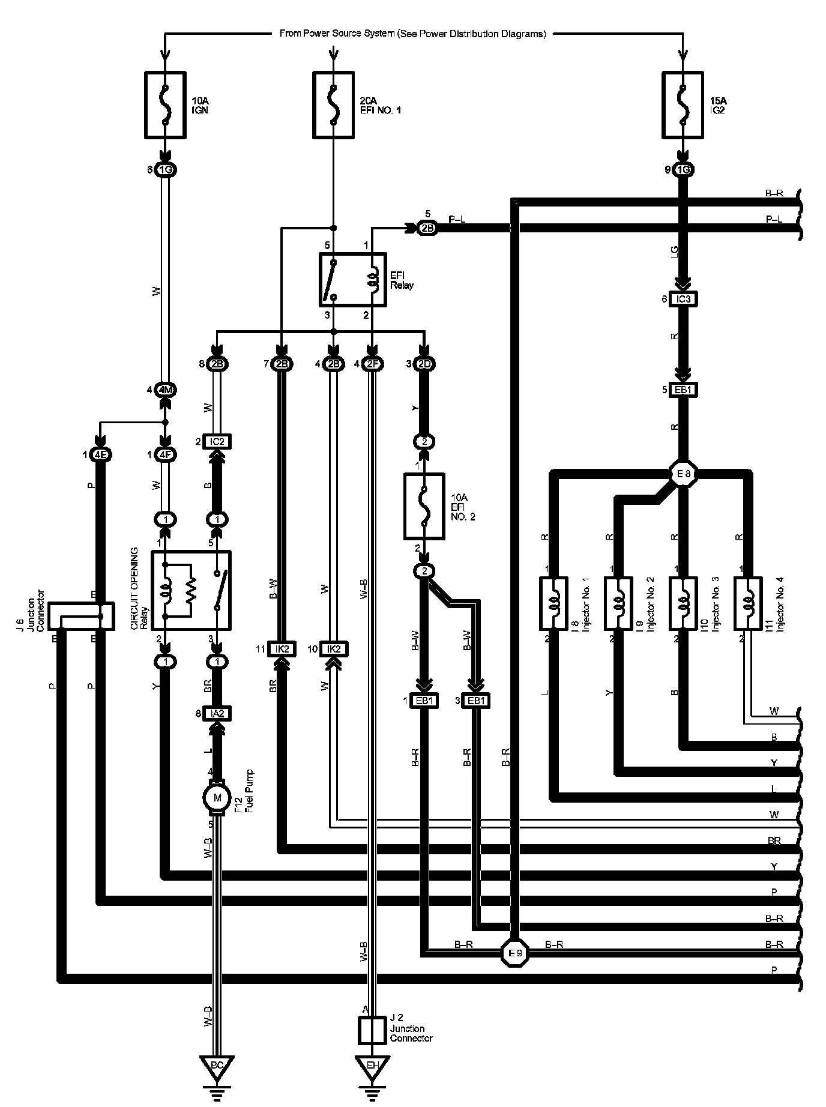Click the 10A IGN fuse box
(x=165, y=104)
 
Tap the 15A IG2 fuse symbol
(x=682, y=104)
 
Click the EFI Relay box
(x=352, y=280)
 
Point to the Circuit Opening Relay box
(x=190, y=590)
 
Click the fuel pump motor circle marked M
(x=217, y=798)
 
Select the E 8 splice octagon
(x=682, y=474)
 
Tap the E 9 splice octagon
(x=516, y=953)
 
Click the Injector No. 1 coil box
(x=553, y=603)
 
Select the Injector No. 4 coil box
(x=748, y=603)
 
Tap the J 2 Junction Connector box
(x=372, y=1031)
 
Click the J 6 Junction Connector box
(x=80, y=616)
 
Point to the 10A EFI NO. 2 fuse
(x=424, y=506)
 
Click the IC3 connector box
(x=683, y=299)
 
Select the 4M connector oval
(x=165, y=390)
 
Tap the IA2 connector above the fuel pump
(x=217, y=714)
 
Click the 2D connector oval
(x=424, y=364)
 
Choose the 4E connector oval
(x=101, y=454)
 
